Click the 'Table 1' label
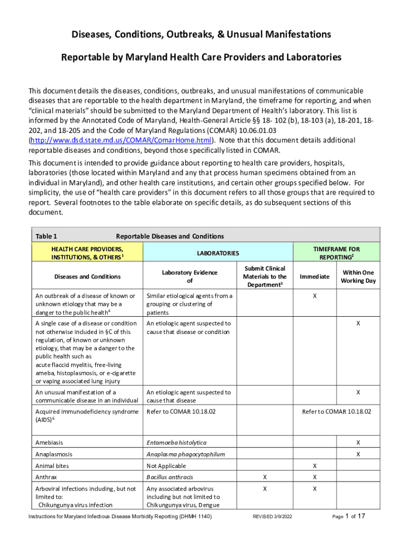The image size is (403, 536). (46, 236)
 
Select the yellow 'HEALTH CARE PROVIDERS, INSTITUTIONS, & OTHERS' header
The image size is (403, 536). (87, 253)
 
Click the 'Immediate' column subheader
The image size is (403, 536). (314, 276)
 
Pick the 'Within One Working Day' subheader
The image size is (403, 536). (357, 276)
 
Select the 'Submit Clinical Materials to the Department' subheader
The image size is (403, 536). (265, 276)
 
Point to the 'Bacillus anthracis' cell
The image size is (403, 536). (170, 477)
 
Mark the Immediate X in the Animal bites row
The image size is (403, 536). (314, 466)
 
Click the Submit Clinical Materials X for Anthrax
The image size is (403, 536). (265, 477)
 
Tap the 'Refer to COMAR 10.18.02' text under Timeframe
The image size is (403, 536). (336, 411)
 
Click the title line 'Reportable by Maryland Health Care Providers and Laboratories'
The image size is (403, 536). (201, 57)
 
